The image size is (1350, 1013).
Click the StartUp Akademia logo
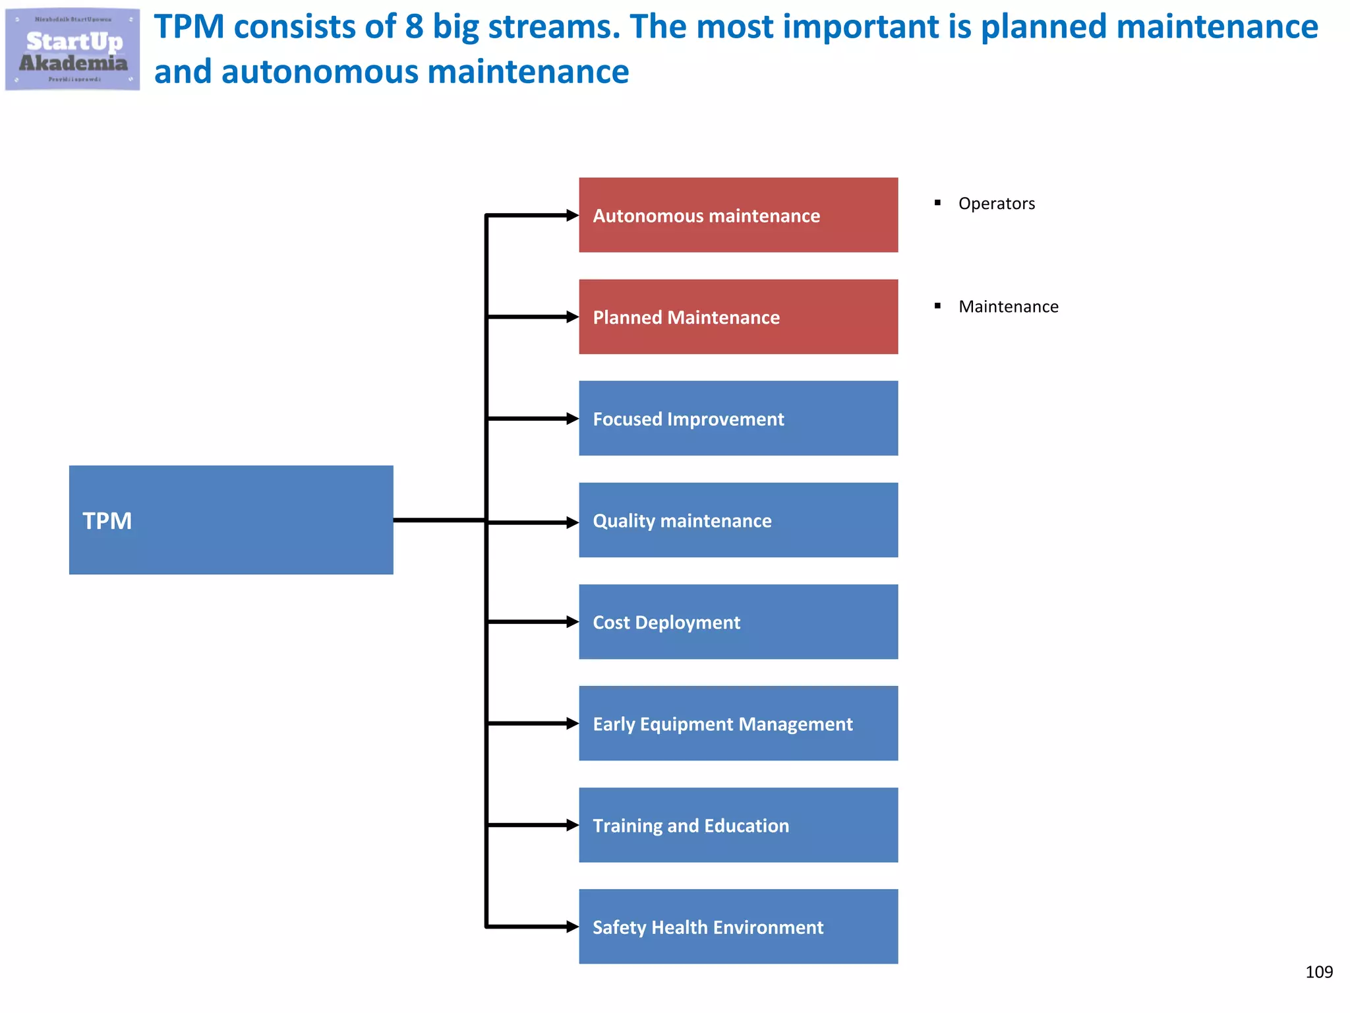pyautogui.click(x=73, y=49)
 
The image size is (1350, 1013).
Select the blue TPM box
pyautogui.click(x=231, y=520)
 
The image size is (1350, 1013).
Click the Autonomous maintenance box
pyautogui.click(x=738, y=215)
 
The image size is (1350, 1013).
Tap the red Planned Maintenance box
pyautogui.click(x=738, y=317)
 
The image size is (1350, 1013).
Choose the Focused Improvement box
pyautogui.click(x=738, y=418)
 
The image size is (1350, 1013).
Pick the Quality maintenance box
pyautogui.click(x=738, y=520)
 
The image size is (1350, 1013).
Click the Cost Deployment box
pyautogui.click(x=738, y=621)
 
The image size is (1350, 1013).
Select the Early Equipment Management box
pyautogui.click(x=738, y=723)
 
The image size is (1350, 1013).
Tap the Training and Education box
pyautogui.click(x=738, y=824)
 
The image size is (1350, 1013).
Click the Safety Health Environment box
pyautogui.click(x=738, y=926)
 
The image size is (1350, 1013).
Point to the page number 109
pyautogui.click(x=1318, y=971)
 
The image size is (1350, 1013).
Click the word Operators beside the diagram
pyautogui.click(x=996, y=204)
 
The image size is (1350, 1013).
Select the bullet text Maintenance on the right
pyautogui.click(x=1008, y=307)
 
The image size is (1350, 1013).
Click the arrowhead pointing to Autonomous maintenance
pyautogui.click(x=572, y=215)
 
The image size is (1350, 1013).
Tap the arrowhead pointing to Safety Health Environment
pyautogui.click(x=572, y=927)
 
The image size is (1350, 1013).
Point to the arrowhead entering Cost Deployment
pyautogui.click(x=572, y=622)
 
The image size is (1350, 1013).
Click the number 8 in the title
pyautogui.click(x=414, y=27)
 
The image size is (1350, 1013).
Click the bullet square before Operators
pyautogui.click(x=937, y=203)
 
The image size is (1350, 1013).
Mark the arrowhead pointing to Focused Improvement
pyautogui.click(x=572, y=418)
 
